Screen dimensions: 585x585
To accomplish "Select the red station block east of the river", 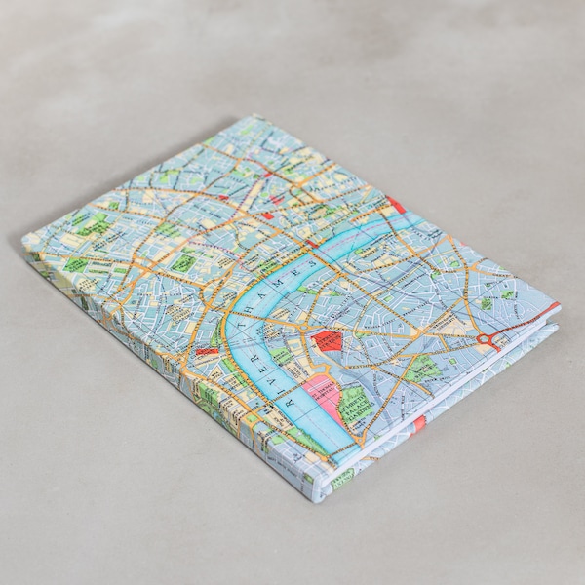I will [328, 341].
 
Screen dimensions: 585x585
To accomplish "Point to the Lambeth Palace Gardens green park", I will [355, 400].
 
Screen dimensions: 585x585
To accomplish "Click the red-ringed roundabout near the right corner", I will [485, 339].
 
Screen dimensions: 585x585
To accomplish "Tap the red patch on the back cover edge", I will [419, 424].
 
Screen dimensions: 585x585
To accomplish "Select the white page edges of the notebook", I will [458, 390].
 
